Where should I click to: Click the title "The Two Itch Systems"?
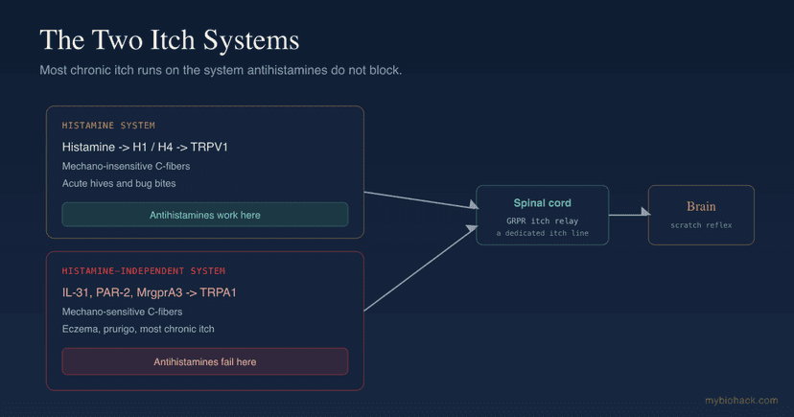pyautogui.click(x=170, y=40)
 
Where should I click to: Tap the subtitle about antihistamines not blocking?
pyautogui.click(x=221, y=70)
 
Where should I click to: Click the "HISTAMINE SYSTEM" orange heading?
pyautogui.click(x=108, y=126)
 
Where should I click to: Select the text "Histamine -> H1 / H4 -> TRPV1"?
pyautogui.click(x=145, y=148)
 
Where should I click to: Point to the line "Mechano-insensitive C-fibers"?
pyautogui.click(x=126, y=166)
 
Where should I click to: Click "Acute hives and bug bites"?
pyautogui.click(x=119, y=183)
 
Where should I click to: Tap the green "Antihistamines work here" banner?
pyautogui.click(x=205, y=215)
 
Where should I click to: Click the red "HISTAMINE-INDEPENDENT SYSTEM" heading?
pyautogui.click(x=144, y=271)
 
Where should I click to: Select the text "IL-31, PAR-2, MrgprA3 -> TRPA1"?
pyautogui.click(x=150, y=292)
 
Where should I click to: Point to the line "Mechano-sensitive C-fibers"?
pyautogui.click(x=122, y=312)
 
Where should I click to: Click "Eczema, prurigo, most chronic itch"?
pyautogui.click(x=138, y=329)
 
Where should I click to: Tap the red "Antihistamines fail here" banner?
pyautogui.click(x=205, y=361)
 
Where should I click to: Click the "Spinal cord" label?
pyautogui.click(x=543, y=203)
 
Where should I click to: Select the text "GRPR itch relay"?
pyautogui.click(x=543, y=220)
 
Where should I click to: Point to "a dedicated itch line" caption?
pyautogui.click(x=543, y=233)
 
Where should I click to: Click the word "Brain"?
pyautogui.click(x=701, y=206)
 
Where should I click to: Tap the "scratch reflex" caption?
pyautogui.click(x=701, y=225)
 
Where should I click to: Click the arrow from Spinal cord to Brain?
pyautogui.click(x=629, y=214)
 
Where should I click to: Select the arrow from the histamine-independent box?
pyautogui.click(x=421, y=268)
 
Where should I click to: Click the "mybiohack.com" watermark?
pyautogui.click(x=741, y=401)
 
